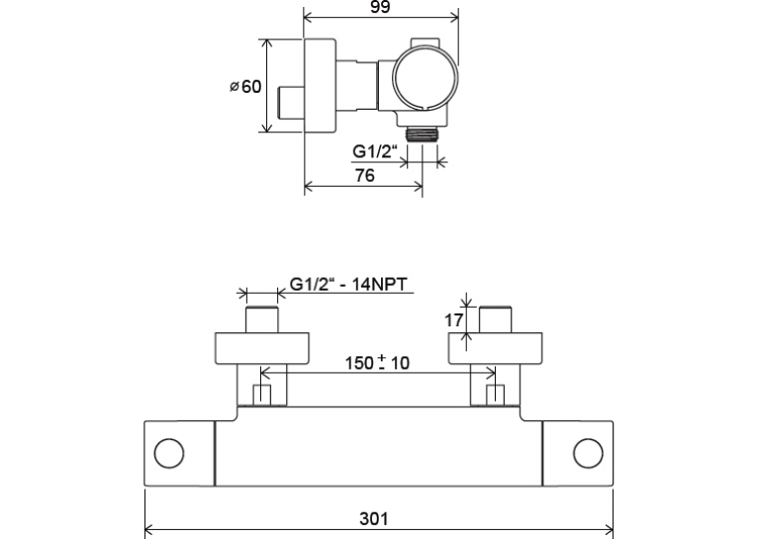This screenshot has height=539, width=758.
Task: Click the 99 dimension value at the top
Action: click(380, 7)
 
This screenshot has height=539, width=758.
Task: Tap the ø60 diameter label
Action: click(245, 86)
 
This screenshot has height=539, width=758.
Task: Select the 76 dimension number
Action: click(365, 175)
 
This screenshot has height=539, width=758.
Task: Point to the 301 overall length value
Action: click(374, 518)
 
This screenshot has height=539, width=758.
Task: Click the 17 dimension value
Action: click(453, 319)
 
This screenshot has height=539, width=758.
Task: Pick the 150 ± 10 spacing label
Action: click(377, 362)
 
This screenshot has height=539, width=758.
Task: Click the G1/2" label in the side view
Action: click(375, 151)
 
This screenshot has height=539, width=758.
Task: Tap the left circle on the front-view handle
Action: click(169, 454)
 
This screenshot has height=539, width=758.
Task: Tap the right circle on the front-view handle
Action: click(589, 454)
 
